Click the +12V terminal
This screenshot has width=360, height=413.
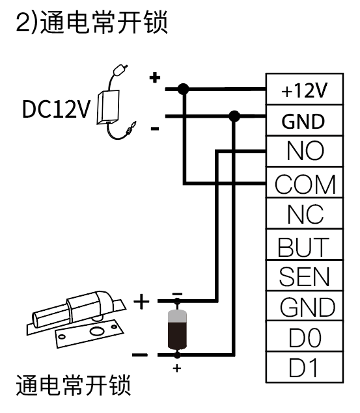[x=305, y=89]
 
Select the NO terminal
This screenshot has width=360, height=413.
[x=305, y=151]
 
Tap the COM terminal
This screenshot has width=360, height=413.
[x=305, y=182]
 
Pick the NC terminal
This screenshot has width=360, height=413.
[x=305, y=213]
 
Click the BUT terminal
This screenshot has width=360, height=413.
[x=305, y=245]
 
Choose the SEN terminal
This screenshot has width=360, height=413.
[x=305, y=275]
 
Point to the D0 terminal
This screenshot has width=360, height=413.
[x=305, y=336]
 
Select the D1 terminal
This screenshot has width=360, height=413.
[x=305, y=367]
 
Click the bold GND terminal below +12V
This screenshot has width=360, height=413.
[x=305, y=120]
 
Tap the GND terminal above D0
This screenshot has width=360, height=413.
[x=305, y=306]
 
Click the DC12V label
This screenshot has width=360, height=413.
[x=56, y=109]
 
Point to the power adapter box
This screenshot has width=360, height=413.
[x=108, y=107]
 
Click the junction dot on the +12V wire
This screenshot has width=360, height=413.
[x=184, y=89]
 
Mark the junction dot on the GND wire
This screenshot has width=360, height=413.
[x=234, y=116]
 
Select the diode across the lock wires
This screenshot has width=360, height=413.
[x=177, y=328]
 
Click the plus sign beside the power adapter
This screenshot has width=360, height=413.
[x=155, y=77]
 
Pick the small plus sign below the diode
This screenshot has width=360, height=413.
[x=177, y=368]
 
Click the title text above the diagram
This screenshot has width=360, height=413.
[x=92, y=22]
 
